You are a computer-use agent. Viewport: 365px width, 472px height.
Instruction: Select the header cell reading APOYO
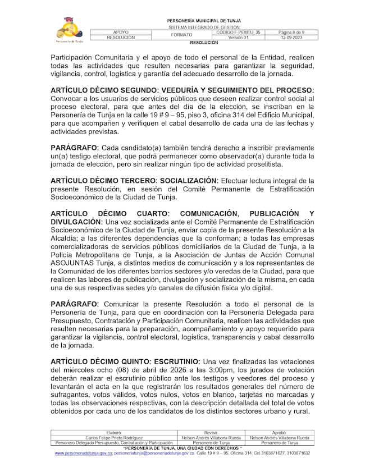click(121, 33)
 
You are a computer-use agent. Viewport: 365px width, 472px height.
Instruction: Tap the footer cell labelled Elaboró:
click(114, 433)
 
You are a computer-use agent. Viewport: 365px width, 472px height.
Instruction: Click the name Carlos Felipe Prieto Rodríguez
click(114, 438)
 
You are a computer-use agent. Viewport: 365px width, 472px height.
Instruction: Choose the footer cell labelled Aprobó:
click(279, 433)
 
